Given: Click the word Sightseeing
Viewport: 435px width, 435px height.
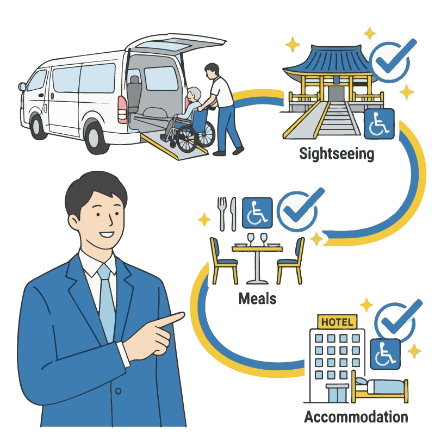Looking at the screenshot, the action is pyautogui.click(x=337, y=154).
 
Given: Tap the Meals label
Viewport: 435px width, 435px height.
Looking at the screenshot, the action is pyautogui.click(x=257, y=299).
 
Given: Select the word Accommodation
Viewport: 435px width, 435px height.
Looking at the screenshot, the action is pyautogui.click(x=356, y=417).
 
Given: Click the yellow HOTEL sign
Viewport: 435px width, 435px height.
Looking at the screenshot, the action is pyautogui.click(x=337, y=322).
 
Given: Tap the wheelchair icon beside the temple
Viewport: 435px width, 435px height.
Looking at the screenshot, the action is pyautogui.click(x=379, y=124).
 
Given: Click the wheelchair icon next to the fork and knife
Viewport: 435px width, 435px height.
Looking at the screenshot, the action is pyautogui.click(x=257, y=213).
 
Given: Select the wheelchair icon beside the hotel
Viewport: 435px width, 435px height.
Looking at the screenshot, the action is pyautogui.click(x=386, y=354).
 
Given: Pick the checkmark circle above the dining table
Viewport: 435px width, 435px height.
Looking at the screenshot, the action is pyautogui.click(x=298, y=212).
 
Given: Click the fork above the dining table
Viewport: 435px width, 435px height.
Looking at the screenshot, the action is pyautogui.click(x=222, y=214).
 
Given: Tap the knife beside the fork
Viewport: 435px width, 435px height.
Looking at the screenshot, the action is pyautogui.click(x=234, y=214).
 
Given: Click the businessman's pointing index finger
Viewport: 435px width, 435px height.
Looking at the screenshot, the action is pyautogui.click(x=169, y=320).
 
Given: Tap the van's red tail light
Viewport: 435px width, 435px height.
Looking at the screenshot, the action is pyautogui.click(x=122, y=109).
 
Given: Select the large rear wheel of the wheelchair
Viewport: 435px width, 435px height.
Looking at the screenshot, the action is pyautogui.click(x=187, y=139).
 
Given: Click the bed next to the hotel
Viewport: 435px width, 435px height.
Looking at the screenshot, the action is pyautogui.click(x=380, y=387).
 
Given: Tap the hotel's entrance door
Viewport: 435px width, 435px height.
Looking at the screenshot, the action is pyautogui.click(x=337, y=394).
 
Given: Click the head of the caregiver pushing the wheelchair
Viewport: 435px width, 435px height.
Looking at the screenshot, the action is pyautogui.click(x=212, y=71).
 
